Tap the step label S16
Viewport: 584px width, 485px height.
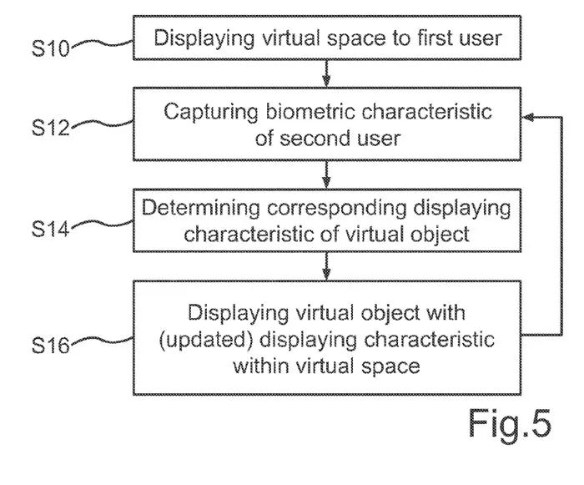53,342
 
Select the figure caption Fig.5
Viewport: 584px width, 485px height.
509,424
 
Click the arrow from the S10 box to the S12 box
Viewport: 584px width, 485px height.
326,72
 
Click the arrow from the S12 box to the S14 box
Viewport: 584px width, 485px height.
326,174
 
